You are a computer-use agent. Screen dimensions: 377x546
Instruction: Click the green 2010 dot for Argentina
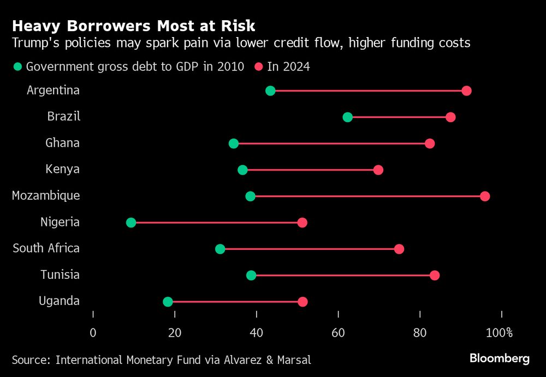pyautogui.click(x=270, y=91)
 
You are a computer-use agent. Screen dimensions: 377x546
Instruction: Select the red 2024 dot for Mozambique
pyautogui.click(x=485, y=196)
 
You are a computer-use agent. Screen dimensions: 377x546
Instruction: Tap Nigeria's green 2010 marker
pyautogui.click(x=131, y=222)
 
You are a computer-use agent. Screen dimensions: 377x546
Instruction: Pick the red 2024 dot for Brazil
pyautogui.click(x=450, y=117)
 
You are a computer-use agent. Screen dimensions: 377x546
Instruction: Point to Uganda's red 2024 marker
pyautogui.click(x=302, y=302)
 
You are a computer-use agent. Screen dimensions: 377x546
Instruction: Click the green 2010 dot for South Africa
pyautogui.click(x=220, y=249)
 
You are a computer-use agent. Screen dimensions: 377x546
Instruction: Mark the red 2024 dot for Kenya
pyautogui.click(x=378, y=170)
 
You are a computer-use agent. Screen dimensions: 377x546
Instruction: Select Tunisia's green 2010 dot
pyautogui.click(x=251, y=275)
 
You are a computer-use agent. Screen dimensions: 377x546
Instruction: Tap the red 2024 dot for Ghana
pyautogui.click(x=430, y=143)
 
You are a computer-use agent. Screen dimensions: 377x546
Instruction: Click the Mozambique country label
pyautogui.click(x=46, y=195)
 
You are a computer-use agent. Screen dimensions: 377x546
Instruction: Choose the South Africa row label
pyautogui.click(x=46, y=248)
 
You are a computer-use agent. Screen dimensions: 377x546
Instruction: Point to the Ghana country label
pyautogui.click(x=62, y=143)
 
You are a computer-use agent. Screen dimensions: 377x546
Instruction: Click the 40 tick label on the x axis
pyautogui.click(x=257, y=332)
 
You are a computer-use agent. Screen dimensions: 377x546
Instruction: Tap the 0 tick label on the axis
pyautogui.click(x=93, y=332)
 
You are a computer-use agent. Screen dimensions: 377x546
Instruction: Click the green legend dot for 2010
pyautogui.click(x=18, y=67)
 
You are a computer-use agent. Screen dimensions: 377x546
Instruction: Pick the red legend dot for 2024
pyautogui.click(x=259, y=67)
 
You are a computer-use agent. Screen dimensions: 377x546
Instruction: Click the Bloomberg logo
pyautogui.click(x=500, y=358)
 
